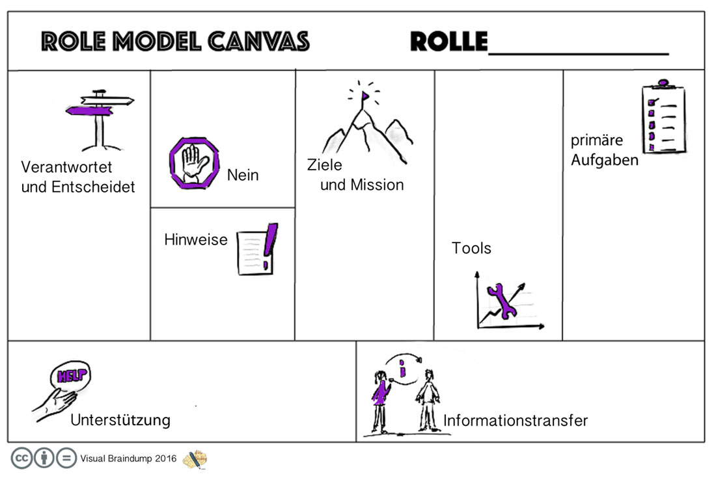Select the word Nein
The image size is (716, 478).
coord(243,175)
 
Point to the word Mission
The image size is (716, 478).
coord(377,185)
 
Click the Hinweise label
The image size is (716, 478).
coord(196,239)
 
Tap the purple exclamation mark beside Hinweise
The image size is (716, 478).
coord(271,242)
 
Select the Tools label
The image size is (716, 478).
coord(471,248)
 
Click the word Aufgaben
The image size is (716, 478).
coord(605,159)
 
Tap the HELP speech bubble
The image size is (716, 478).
coord(70,375)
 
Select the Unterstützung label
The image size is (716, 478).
coord(120,419)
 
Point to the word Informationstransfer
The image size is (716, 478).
coord(516,420)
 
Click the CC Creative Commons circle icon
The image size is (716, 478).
coord(21,458)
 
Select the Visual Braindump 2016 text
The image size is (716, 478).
coord(128,458)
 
